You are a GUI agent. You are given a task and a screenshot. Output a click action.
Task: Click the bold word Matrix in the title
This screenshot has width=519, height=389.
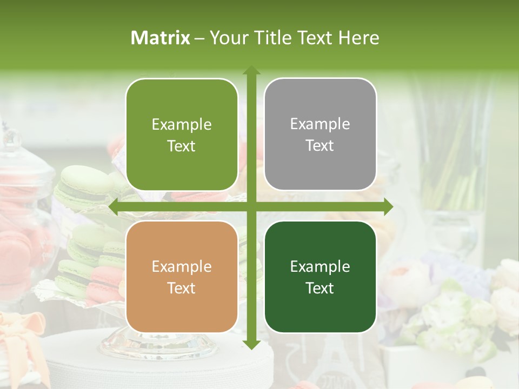click(x=161, y=38)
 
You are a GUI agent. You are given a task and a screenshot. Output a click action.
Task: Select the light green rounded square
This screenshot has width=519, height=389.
click(x=182, y=135)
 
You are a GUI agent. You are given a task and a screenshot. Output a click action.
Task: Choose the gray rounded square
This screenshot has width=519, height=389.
click(x=320, y=135)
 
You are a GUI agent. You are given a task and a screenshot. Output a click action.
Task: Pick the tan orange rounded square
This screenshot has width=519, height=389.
click(x=182, y=277)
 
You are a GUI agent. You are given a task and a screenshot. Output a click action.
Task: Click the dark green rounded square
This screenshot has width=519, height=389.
click(x=320, y=277)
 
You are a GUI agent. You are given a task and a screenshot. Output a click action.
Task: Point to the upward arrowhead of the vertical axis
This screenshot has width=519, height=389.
click(x=251, y=70)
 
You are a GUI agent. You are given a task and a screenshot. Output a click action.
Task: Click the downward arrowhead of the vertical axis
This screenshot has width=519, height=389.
click(x=251, y=344)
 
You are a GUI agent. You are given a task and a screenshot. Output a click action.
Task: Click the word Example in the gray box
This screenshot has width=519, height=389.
click(x=320, y=124)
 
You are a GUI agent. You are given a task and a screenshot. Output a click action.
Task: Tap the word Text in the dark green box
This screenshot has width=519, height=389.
click(x=320, y=288)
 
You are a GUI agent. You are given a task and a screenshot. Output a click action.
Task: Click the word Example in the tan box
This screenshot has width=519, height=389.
click(x=182, y=266)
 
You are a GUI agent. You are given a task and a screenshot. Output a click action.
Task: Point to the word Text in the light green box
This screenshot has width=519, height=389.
click(x=182, y=146)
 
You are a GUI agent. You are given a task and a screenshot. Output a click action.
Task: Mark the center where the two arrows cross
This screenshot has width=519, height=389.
click(x=251, y=206)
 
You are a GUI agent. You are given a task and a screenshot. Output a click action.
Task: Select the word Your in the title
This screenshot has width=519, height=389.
click(x=226, y=38)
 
